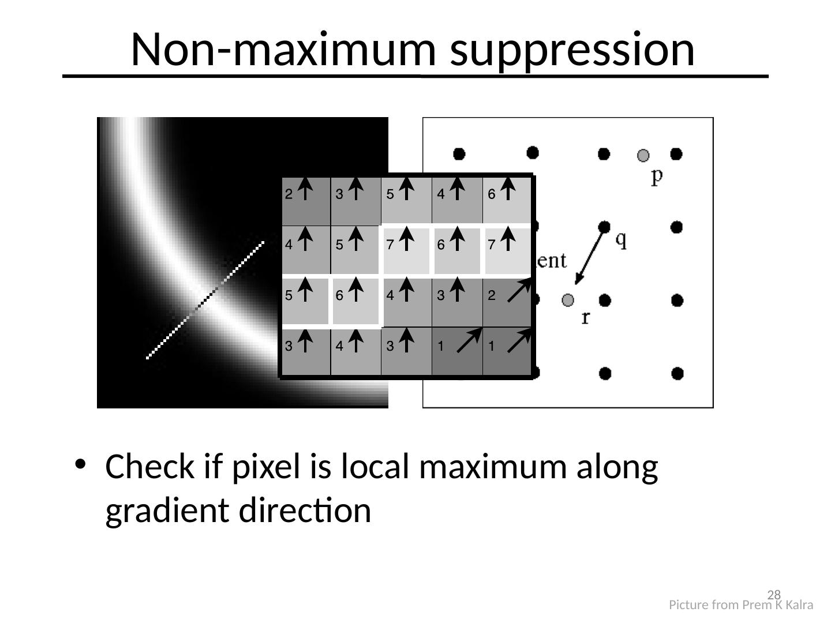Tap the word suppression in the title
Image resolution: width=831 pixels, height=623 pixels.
click(x=572, y=50)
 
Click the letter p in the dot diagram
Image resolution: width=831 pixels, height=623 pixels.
click(x=657, y=176)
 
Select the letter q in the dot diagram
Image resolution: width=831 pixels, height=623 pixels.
click(x=621, y=239)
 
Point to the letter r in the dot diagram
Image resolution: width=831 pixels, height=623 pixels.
click(x=586, y=317)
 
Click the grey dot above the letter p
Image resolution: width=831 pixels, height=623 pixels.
click(x=643, y=155)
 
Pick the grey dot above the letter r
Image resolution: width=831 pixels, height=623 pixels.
click(x=568, y=300)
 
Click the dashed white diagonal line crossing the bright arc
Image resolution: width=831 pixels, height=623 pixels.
click(x=205, y=300)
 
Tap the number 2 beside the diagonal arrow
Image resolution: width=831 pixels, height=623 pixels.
click(x=491, y=296)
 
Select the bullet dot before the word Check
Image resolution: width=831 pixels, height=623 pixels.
click(x=81, y=464)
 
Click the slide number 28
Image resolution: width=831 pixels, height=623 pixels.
click(x=774, y=595)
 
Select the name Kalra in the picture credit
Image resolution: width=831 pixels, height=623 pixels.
click(x=799, y=605)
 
